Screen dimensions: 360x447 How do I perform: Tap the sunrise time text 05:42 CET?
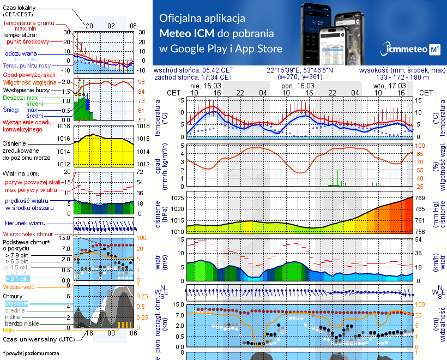click(x=218, y=70)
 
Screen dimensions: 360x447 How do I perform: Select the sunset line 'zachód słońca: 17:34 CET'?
click(x=194, y=77)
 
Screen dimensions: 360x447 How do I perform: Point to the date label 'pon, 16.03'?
click(x=298, y=86)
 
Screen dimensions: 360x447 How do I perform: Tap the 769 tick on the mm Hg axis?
click(x=421, y=198)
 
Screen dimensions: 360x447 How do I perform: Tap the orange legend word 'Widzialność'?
click(x=19, y=286)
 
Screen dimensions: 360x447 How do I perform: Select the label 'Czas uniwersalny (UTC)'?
click(x=38, y=339)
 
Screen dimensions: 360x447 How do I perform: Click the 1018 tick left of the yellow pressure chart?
click(x=65, y=126)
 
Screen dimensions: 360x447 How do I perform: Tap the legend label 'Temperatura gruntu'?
click(x=29, y=23)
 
